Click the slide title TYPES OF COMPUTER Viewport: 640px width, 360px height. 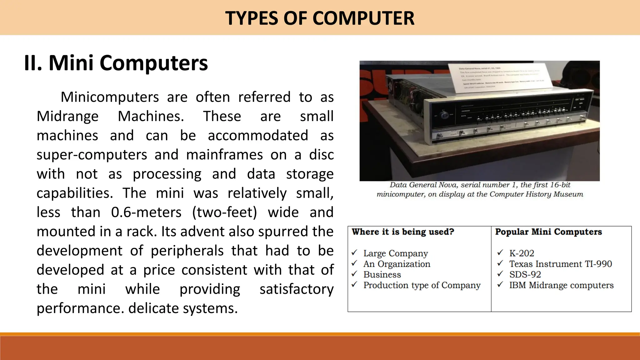pos(320,18)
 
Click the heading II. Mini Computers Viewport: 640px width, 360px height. pos(116,63)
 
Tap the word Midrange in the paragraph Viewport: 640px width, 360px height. pos(67,116)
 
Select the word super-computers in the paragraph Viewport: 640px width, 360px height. pos(92,155)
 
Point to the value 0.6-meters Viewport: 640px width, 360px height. pos(146,212)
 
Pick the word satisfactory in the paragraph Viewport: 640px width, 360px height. pos(296,289)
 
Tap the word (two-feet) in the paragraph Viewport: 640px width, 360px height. pos(224,212)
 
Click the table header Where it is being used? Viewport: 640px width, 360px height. pos(403,232)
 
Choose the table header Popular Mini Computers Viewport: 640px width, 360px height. pos(548,232)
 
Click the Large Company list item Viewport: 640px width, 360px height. pos(396,253)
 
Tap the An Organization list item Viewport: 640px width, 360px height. pos(397,264)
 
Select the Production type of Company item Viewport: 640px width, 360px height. pos(422,285)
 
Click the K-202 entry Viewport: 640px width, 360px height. pos(522,253)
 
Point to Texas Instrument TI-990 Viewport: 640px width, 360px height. pos(560,264)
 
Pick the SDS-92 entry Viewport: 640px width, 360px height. pos(525,274)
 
